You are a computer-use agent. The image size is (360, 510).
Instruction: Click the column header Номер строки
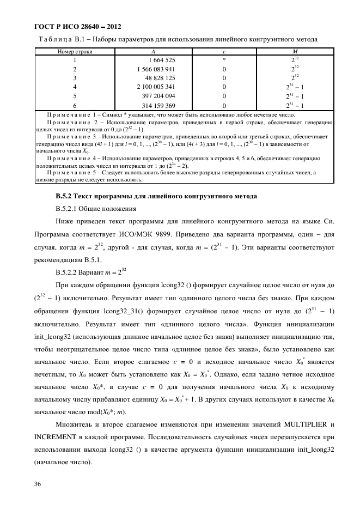(75, 51)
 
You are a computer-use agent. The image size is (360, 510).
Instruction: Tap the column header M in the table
(280, 51)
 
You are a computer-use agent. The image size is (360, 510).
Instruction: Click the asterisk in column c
(224, 59)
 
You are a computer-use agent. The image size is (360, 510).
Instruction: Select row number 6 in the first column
(75, 105)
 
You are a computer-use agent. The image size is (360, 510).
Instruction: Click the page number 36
(38, 484)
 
